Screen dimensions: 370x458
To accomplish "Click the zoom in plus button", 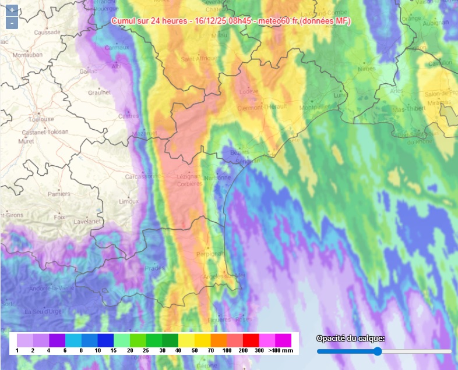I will coord(12,10).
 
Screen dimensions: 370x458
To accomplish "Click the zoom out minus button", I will coord(12,23).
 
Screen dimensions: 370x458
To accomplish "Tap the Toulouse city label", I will coord(41,119).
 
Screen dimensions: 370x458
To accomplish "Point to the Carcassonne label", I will coord(142,176).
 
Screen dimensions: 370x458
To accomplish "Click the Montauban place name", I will coord(27,55).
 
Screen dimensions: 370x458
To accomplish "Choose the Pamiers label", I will coord(59,194).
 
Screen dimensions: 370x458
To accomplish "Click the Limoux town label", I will coord(128,201).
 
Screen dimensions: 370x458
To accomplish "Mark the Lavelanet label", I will coord(87,222).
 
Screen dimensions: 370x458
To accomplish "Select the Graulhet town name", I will coord(100,91).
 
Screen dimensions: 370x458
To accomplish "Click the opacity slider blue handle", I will coord(378,351).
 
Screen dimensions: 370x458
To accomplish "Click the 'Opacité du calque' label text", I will coord(350,339).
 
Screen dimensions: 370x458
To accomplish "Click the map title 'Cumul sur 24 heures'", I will coord(150,20).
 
